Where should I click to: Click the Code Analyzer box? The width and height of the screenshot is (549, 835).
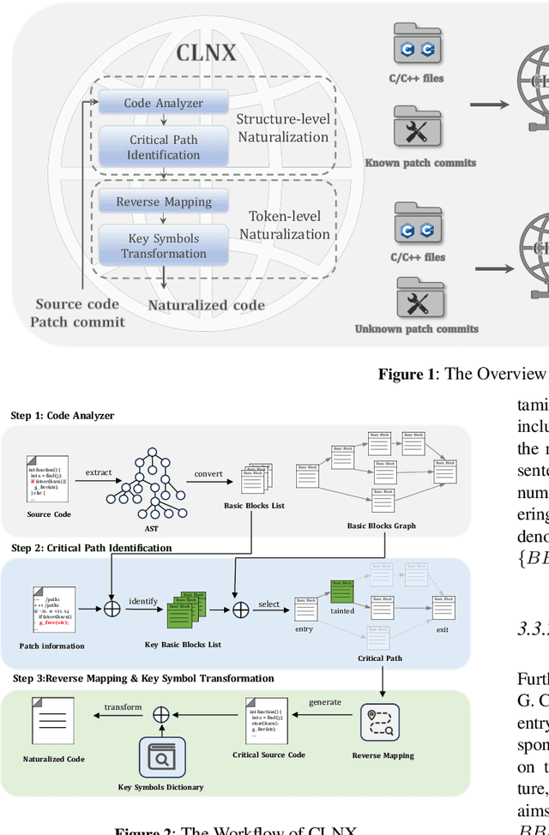pos(163,103)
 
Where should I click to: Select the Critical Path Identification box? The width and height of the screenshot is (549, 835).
pos(163,147)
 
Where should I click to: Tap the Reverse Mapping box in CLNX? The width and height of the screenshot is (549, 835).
pos(163,202)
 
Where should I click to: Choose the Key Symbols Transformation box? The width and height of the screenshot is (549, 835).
pos(163,245)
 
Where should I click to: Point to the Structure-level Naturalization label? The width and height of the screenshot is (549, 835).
pos(283,128)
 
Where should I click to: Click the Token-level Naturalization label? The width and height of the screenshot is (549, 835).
pos(285,226)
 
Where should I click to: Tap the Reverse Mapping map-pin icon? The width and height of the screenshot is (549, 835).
pos(383,724)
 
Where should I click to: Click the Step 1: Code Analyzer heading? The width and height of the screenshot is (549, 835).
pos(63,416)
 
